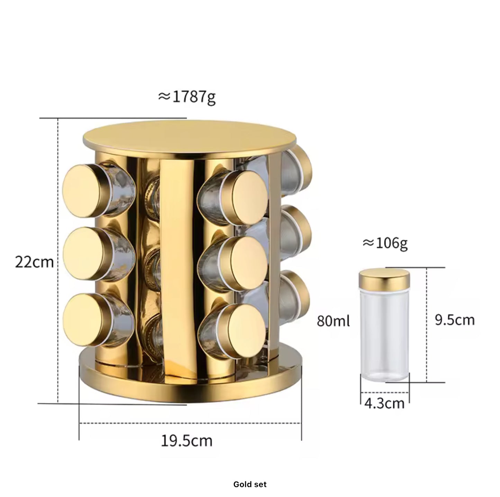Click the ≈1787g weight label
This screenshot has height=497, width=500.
pyautogui.click(x=187, y=97)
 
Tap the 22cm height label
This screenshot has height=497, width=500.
pyautogui.click(x=35, y=262)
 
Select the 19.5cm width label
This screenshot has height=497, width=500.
pyautogui.click(x=187, y=441)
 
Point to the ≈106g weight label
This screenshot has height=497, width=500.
pyautogui.click(x=385, y=244)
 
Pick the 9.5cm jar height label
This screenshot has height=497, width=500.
pyautogui.click(x=455, y=320)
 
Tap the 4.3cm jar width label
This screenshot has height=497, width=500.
pyautogui.click(x=384, y=403)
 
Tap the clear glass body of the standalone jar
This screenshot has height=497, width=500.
pyautogui.click(x=385, y=335)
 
